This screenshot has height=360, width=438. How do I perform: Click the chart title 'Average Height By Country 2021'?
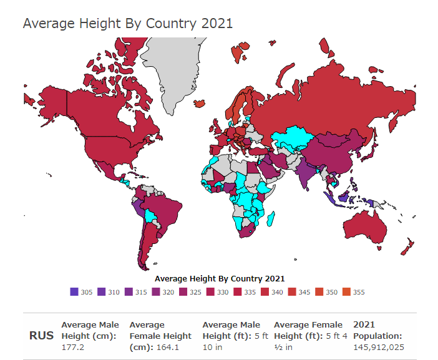tap(128, 24)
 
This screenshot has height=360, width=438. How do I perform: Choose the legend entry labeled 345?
tap(298, 292)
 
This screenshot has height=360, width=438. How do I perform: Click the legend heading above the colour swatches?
tap(219, 279)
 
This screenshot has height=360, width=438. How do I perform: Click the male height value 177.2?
tap(73, 347)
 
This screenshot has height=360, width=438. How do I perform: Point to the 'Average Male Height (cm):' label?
tap(90, 330)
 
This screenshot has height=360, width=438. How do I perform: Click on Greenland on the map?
tap(178, 69)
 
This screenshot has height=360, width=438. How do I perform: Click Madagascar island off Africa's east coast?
tap(273, 218)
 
